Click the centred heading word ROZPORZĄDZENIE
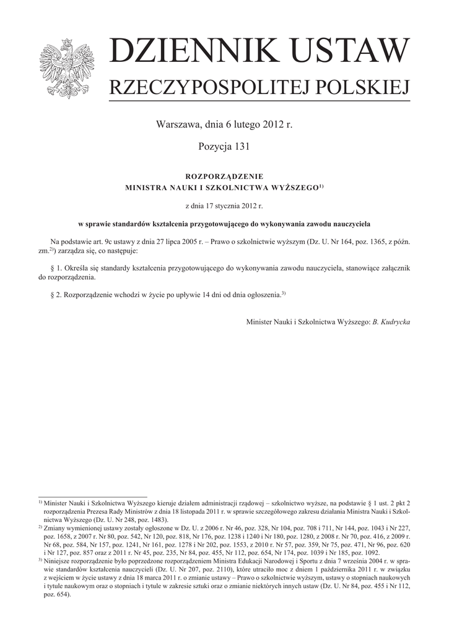pos(224,176)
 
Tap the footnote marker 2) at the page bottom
pos(40,527)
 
